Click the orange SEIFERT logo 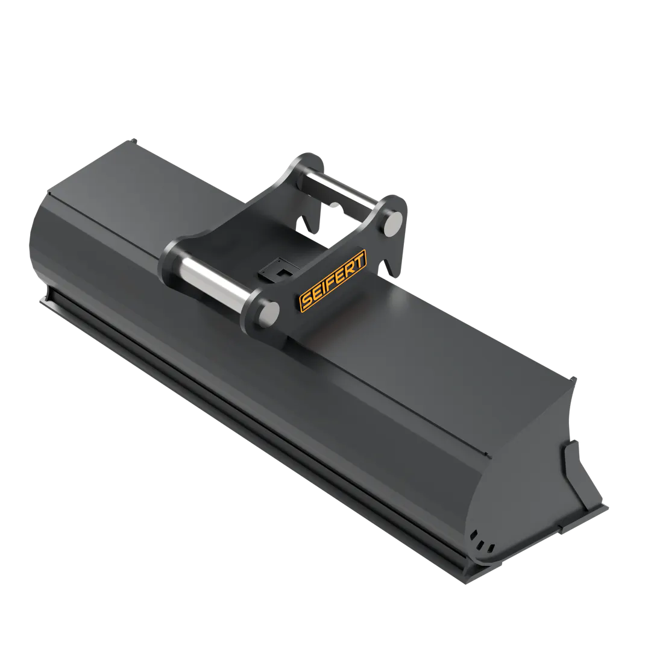(333, 280)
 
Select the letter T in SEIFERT (359, 260)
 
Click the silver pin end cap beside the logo (268, 312)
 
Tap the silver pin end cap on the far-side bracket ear (393, 224)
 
